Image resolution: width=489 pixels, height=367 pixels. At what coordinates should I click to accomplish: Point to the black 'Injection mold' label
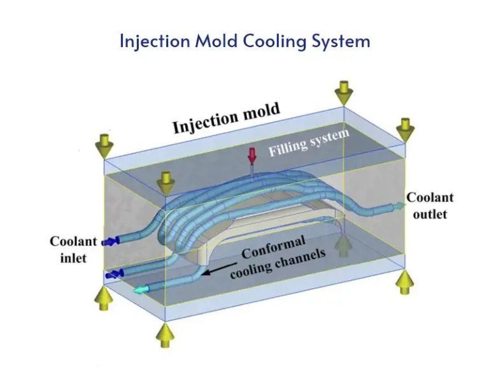[226, 119]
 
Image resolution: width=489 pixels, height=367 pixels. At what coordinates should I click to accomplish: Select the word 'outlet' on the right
[430, 214]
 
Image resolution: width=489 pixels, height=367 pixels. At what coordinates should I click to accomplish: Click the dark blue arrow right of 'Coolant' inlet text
[111, 241]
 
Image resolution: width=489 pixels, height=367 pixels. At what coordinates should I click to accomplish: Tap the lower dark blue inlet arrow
[115, 274]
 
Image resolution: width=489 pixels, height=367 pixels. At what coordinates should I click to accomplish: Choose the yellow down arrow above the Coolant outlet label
[404, 129]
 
